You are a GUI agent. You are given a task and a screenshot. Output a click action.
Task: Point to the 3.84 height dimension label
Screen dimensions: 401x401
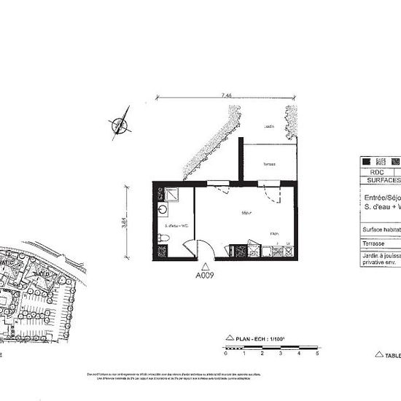(125, 222)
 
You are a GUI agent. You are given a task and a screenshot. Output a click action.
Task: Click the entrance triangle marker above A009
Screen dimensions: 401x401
(206, 266)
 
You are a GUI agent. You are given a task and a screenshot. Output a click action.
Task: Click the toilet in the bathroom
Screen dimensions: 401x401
(162, 237)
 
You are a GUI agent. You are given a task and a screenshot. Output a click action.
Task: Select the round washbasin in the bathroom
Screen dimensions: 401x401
(162, 209)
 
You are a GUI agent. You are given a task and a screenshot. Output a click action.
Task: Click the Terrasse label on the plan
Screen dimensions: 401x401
(269, 164)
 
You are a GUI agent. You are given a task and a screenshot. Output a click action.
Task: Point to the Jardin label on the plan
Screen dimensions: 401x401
(270, 127)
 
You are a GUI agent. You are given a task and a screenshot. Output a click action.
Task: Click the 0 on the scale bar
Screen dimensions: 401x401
(226, 354)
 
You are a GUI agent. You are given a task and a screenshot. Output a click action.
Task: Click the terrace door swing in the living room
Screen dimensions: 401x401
(271, 195)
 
